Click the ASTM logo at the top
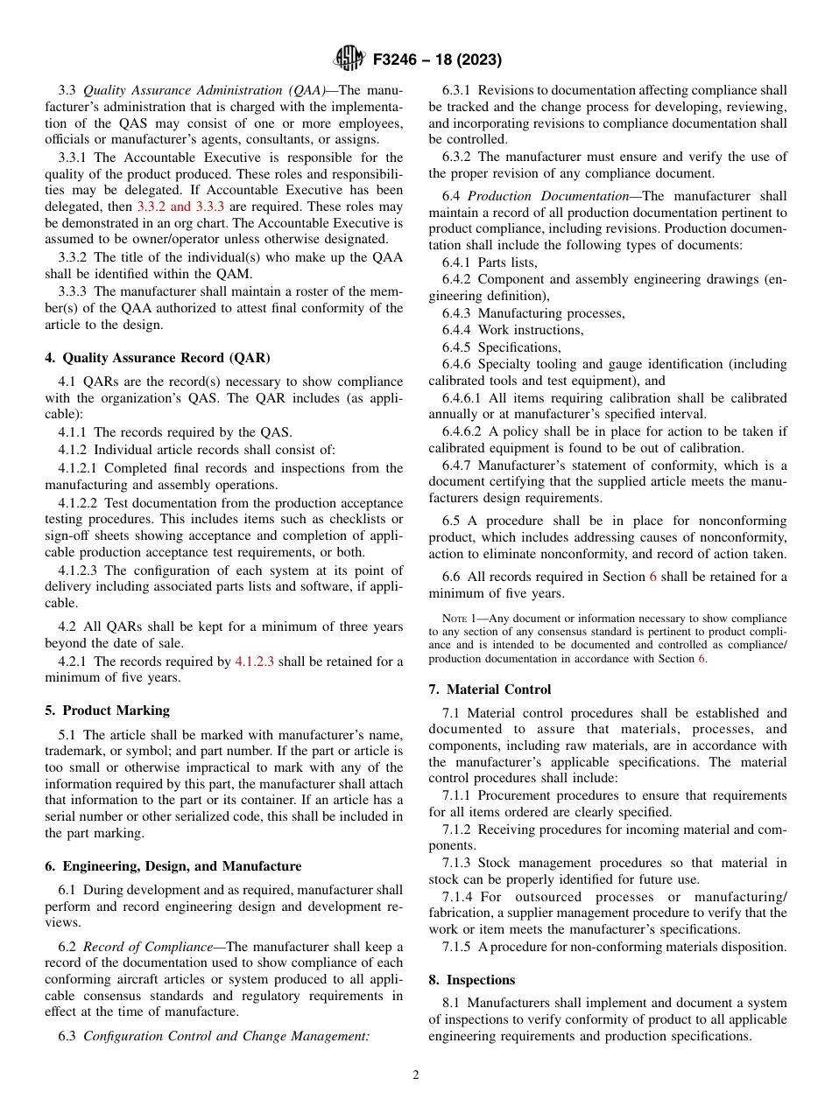pyautogui.click(x=349, y=59)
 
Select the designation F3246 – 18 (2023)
pyautogui.click(x=436, y=60)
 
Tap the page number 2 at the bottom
pyautogui.click(x=416, y=1075)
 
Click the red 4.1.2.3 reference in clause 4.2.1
pyautogui.click(x=255, y=661)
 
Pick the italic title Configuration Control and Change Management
pyautogui.click(x=226, y=1037)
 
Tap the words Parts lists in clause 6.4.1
pyautogui.click(x=508, y=262)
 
